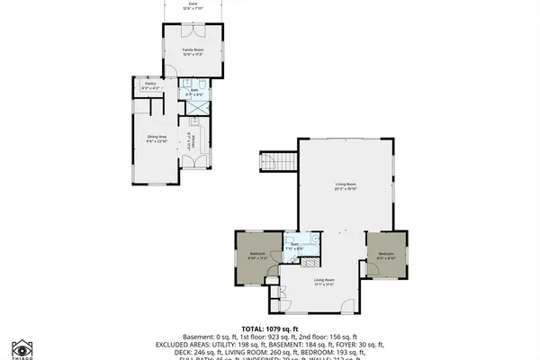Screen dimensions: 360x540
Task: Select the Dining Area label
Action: coord(157,139)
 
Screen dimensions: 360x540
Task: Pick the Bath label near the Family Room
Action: coord(193,91)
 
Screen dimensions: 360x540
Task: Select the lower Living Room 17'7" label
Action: coord(324,282)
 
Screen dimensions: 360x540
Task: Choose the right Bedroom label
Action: coord(385,255)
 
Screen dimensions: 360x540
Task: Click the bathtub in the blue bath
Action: coord(310,238)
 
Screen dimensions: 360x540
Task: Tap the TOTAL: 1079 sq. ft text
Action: coord(269,329)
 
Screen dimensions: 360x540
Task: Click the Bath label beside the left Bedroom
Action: coord(295,245)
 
